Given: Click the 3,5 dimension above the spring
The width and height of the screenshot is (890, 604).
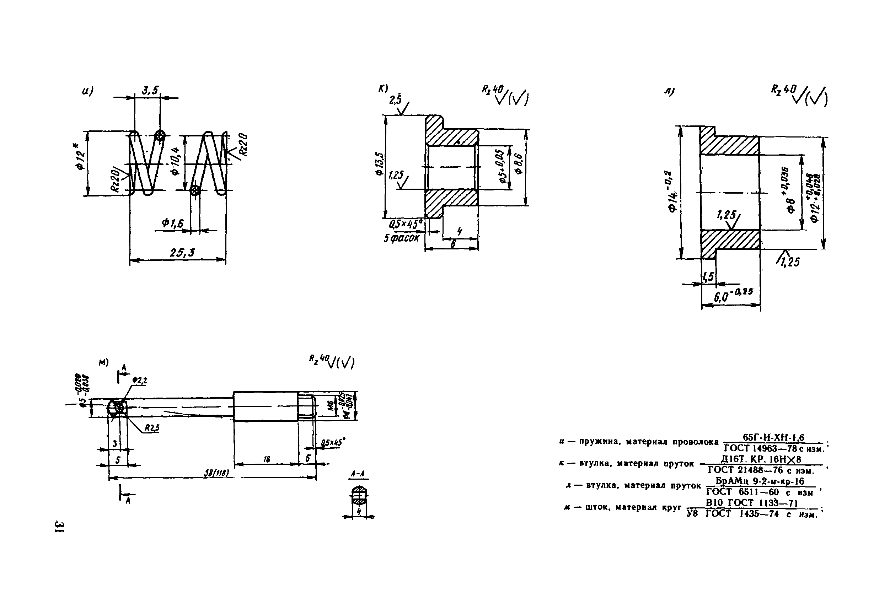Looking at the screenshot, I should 150,90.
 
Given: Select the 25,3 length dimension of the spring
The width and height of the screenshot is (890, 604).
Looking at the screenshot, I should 182,253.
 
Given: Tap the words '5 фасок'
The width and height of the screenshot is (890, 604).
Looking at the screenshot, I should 402,238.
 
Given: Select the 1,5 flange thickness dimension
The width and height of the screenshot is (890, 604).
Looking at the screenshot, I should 708,276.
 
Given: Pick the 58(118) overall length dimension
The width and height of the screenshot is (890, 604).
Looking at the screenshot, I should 216,473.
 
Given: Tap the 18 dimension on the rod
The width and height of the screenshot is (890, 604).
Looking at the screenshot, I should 267,459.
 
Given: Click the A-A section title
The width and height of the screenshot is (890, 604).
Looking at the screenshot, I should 358,474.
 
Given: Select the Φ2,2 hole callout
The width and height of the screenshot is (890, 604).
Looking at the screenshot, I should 139,381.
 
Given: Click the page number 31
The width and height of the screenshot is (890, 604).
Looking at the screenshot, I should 60,526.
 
